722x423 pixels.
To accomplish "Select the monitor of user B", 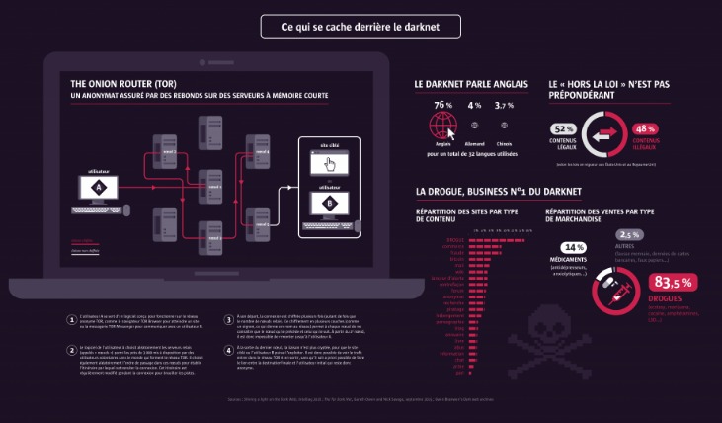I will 329,204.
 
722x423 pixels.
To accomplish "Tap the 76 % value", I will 441,105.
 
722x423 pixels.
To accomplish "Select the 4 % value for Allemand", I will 475,105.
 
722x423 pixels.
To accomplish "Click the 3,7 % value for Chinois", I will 504,105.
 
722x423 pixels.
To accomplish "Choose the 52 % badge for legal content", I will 564,129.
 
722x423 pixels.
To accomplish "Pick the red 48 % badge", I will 645,129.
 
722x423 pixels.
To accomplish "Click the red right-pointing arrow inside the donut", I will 605,129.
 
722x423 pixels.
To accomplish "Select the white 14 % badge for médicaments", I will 573,247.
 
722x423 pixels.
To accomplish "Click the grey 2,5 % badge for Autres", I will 631,234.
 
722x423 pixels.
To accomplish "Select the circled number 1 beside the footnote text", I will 70,319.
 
